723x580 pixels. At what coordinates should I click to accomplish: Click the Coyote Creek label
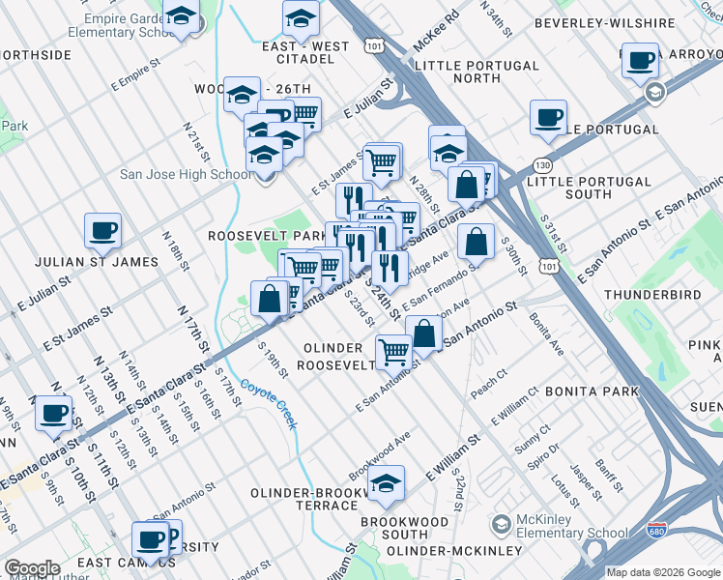click(x=269, y=402)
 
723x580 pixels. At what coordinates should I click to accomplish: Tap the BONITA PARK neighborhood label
click(x=592, y=391)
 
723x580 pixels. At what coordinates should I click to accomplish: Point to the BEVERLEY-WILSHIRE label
click(x=590, y=22)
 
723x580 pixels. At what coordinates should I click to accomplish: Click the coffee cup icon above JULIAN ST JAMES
click(x=103, y=231)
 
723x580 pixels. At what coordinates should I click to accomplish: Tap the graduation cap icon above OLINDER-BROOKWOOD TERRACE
click(x=386, y=484)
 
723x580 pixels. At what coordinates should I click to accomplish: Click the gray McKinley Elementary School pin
click(x=501, y=525)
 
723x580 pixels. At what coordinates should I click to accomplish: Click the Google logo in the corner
click(x=31, y=568)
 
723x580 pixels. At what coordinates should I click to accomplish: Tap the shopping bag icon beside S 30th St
click(x=476, y=243)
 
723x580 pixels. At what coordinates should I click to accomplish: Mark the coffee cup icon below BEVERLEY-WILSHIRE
click(x=548, y=118)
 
